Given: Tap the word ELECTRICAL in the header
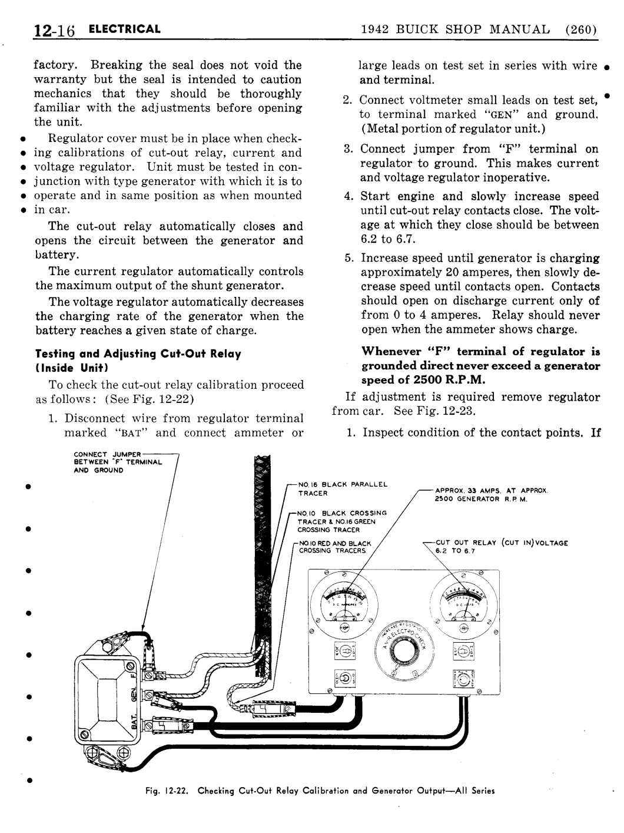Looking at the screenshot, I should [124, 29].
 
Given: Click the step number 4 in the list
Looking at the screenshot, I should [348, 197].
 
